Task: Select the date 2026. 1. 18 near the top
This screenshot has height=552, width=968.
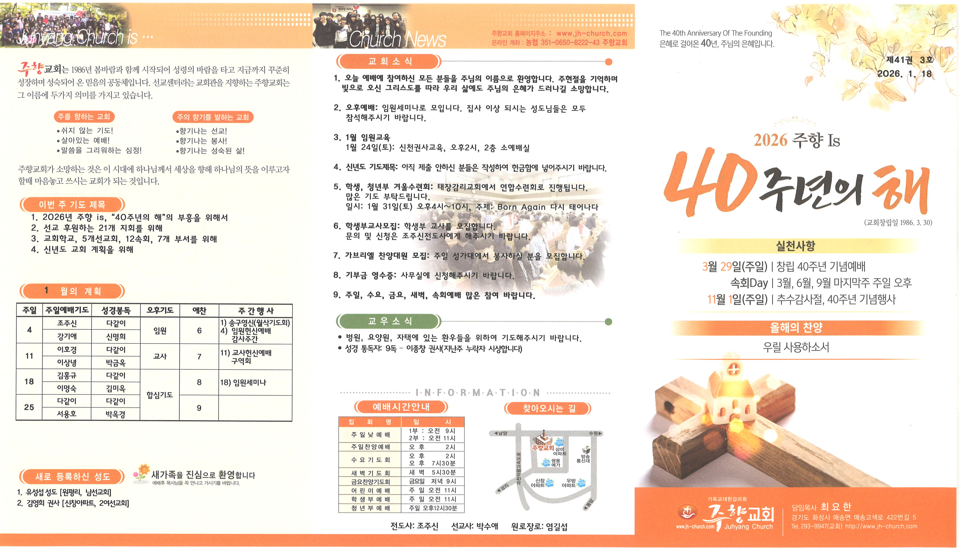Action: [904, 74]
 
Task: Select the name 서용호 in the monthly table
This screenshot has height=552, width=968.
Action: [67, 414]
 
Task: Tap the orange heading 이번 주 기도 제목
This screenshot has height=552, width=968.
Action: [72, 205]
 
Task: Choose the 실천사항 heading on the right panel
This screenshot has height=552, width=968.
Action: [795, 246]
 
